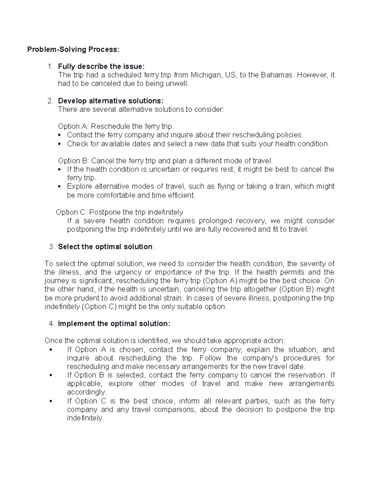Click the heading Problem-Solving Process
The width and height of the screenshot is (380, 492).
click(73, 49)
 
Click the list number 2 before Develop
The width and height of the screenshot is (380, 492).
click(50, 101)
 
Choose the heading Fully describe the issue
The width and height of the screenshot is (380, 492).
click(101, 67)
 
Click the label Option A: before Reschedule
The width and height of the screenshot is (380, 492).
click(73, 126)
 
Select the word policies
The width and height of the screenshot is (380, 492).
click(290, 135)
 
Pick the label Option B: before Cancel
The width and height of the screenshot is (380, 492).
click(73, 161)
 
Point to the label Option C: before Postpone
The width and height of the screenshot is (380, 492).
click(71, 212)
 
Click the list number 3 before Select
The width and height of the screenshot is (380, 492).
click(52, 247)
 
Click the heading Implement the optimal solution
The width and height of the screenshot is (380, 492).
click(114, 324)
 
